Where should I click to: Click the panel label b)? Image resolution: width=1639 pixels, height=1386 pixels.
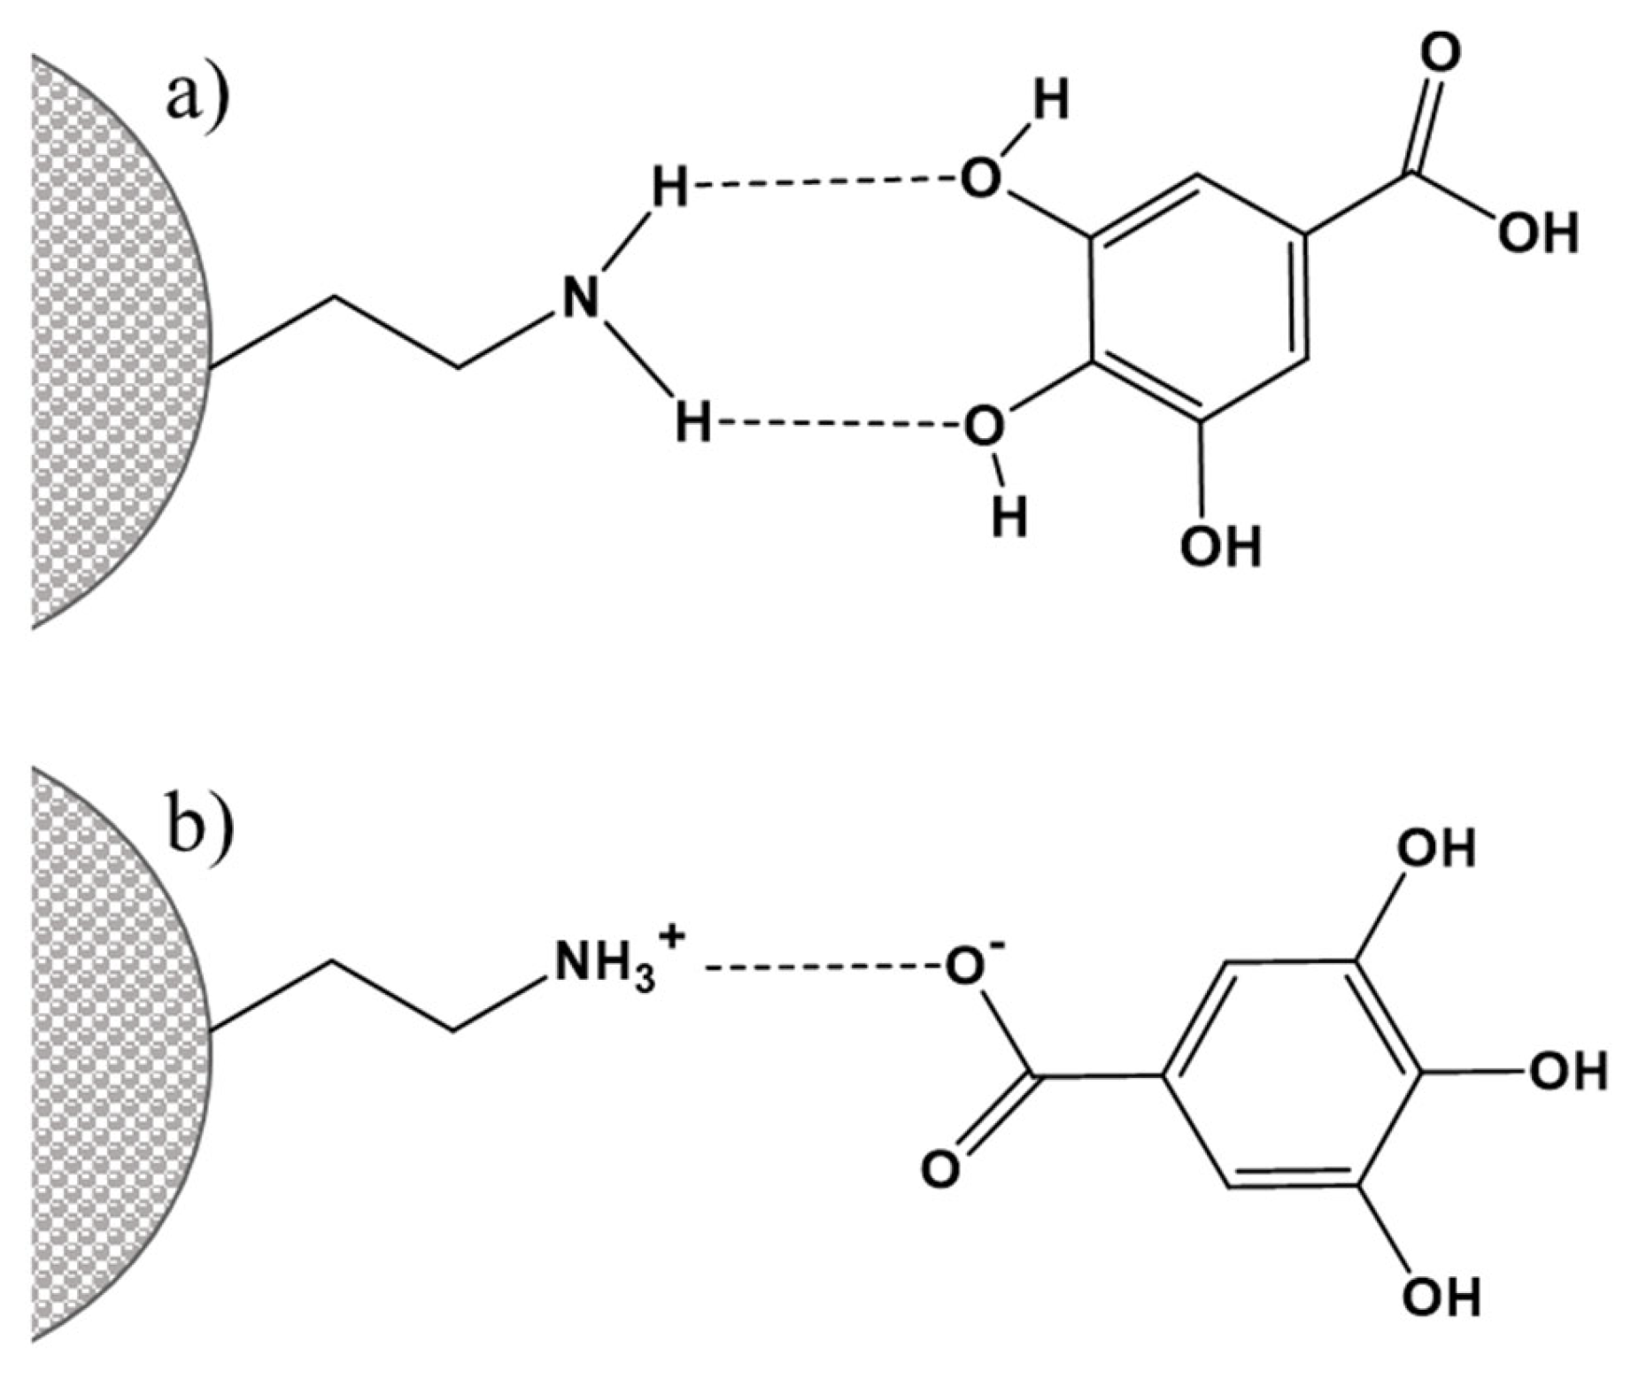click(x=200, y=822)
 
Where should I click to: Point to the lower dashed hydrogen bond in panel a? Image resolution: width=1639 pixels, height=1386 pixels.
click(x=837, y=424)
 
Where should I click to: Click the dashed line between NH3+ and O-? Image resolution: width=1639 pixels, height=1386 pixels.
click(x=823, y=967)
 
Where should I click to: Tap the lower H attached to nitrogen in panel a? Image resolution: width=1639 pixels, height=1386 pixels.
click(x=692, y=422)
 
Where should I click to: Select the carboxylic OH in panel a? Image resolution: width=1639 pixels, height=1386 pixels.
click(x=1538, y=234)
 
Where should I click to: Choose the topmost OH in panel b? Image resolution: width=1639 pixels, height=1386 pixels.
click(x=1436, y=849)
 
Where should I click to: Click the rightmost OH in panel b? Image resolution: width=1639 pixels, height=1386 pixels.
click(x=1567, y=1072)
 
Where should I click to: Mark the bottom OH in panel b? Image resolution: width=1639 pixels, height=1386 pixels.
click(x=1441, y=1297)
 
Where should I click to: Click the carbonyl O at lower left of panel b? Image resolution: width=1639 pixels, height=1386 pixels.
click(x=940, y=1168)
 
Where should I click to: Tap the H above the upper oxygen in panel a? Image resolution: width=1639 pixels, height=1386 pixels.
click(x=1050, y=99)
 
